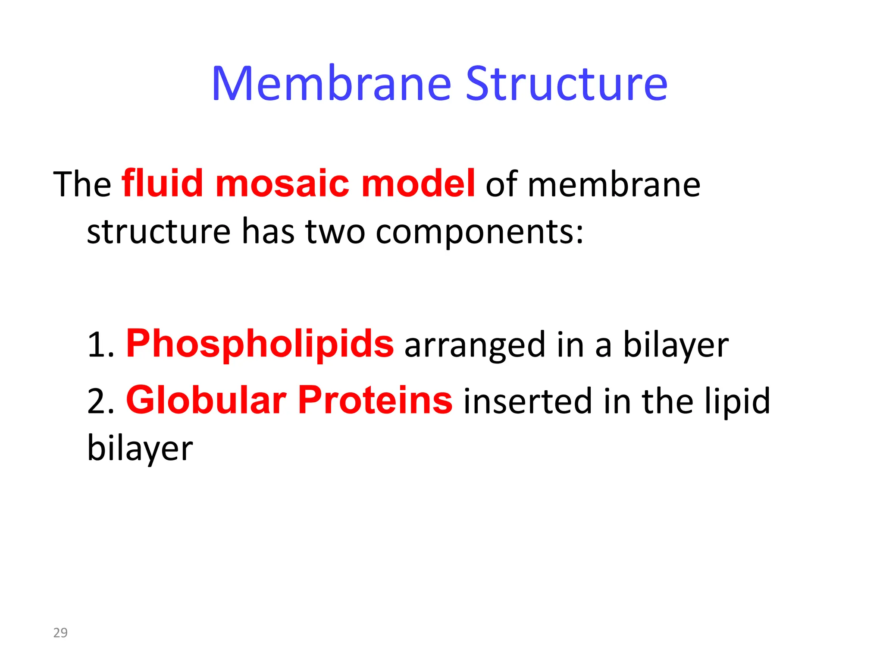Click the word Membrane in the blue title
point(331,84)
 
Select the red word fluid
point(163,183)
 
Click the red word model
point(418,183)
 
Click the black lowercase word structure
point(159,231)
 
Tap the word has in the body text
point(268,231)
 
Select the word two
point(335,231)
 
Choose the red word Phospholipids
point(260,344)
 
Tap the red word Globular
point(206,401)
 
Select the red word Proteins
point(375,401)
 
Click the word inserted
point(527,401)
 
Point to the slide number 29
point(60,633)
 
